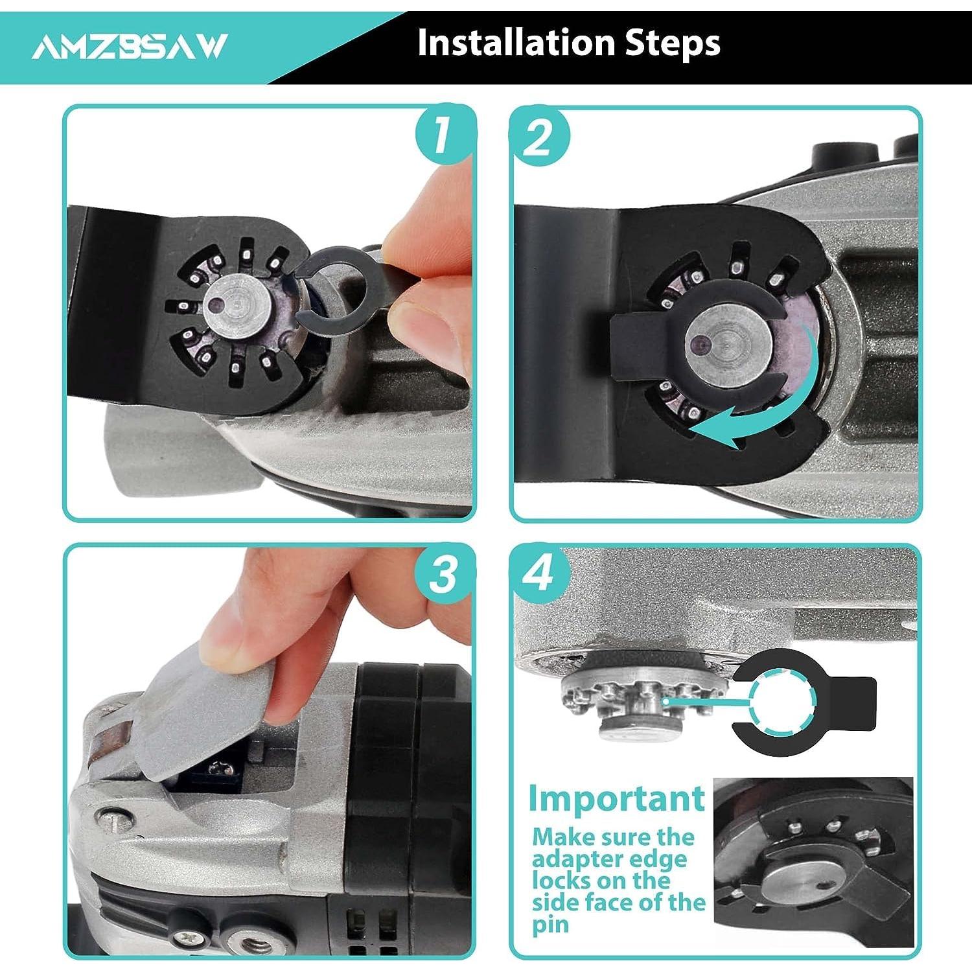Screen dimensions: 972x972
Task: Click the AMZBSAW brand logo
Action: tap(130, 47)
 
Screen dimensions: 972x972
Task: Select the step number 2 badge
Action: tap(539, 137)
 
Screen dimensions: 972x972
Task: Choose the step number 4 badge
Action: tap(539, 573)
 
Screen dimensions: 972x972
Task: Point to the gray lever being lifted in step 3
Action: tap(214, 713)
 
